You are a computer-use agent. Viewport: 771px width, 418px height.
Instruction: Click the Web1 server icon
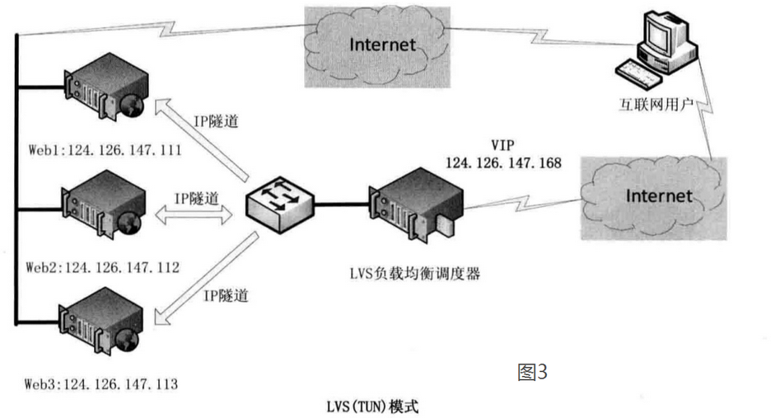105,87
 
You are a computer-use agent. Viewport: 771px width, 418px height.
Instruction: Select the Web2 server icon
103,204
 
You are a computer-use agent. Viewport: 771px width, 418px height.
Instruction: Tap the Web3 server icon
100,322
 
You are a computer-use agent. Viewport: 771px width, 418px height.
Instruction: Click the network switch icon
280,204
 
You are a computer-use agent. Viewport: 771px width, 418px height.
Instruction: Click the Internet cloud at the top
377,47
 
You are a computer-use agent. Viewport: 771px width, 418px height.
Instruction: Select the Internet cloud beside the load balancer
653,199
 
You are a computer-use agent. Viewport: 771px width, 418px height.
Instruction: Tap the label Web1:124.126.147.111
105,150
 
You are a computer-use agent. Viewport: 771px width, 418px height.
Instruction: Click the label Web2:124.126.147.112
102,267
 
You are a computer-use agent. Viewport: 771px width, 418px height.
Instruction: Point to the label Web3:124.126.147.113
100,384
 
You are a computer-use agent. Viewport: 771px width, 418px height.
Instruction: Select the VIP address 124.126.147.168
503,162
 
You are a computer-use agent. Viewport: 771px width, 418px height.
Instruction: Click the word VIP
502,145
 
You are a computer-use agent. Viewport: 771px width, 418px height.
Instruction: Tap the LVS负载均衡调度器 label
415,273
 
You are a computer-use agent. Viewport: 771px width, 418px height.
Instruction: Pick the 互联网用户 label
656,105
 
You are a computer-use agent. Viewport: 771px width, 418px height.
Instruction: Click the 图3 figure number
532,372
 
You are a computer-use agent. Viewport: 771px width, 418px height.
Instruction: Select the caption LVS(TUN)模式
372,406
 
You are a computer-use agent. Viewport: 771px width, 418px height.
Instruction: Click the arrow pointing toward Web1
202,139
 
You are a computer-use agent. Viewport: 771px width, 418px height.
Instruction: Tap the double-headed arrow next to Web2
194,214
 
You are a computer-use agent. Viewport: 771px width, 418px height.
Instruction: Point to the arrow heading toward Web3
206,279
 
